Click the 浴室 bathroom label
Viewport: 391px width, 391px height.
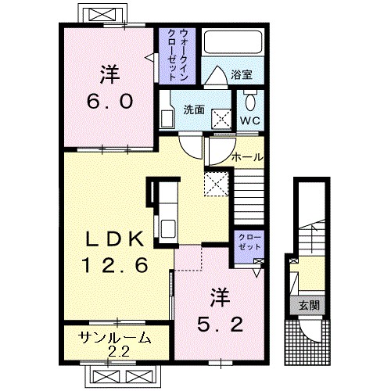coord(242,75)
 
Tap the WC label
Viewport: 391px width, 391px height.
coord(250,120)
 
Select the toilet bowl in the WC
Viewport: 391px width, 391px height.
coord(250,102)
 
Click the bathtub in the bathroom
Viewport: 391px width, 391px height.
coord(233,42)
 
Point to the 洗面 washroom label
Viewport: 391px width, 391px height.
coord(194,109)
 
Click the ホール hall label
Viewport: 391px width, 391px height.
coord(247,157)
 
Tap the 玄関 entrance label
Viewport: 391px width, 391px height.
coord(309,305)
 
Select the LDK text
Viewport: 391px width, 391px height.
coord(115,239)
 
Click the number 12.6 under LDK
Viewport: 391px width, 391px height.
coord(116,265)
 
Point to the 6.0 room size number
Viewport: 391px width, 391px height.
coord(109,101)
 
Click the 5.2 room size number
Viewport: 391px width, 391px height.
coord(221,324)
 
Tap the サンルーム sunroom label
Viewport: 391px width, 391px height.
coord(116,339)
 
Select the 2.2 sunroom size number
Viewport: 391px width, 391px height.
coord(119,353)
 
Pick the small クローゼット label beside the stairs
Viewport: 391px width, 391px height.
coord(249,242)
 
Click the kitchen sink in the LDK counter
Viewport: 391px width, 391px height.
coord(168,228)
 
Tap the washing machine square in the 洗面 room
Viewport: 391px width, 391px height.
coord(221,119)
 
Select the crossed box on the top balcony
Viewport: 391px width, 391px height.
coord(102,14)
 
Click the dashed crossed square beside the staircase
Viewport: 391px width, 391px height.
coord(217,184)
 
